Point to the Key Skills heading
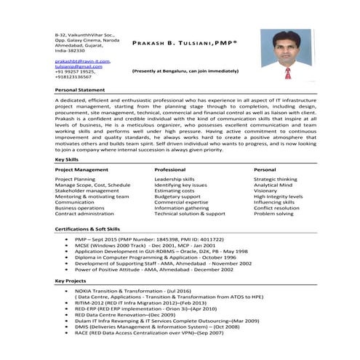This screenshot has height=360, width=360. click(67, 159)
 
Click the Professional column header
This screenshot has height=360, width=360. click(169, 169)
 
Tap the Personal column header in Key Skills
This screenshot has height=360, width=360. click(265, 169)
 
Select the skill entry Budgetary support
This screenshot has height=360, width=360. click(177, 196)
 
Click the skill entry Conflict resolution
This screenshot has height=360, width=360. click(276, 208)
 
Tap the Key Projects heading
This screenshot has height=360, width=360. click(70, 281)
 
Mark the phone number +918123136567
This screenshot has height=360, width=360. click(76, 76)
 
